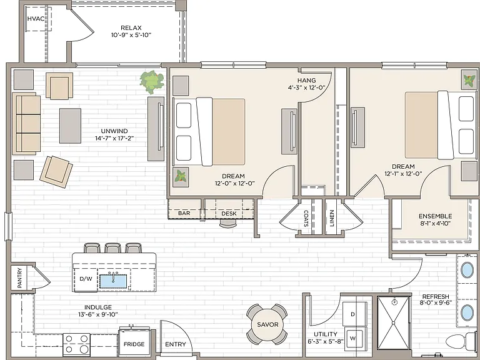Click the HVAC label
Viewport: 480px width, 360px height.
pos(36,19)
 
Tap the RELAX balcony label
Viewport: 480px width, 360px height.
pos(131,28)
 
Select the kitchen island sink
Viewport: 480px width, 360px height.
pos(113,281)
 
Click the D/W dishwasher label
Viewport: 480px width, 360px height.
pos(86,279)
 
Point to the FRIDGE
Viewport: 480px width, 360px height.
pos(134,341)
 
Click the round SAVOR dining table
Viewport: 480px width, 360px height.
pos(267,324)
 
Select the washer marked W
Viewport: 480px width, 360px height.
pos(355,338)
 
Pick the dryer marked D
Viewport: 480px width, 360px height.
pos(354,314)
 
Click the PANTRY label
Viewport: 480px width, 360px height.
pos(20,277)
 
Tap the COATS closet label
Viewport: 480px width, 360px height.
pos(306,218)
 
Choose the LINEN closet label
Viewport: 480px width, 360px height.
pos(332,218)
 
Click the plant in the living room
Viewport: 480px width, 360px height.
pos(151,82)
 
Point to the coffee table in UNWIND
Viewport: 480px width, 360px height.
pos(71,126)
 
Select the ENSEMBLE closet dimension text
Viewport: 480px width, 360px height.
pos(435,224)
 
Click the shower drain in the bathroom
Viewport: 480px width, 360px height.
pos(394,302)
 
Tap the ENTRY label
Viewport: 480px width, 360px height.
pos(176,344)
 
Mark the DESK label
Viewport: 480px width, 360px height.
pos(229,213)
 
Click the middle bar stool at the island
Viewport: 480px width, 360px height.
pos(112,248)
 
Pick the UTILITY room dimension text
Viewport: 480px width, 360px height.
pos(326,341)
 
